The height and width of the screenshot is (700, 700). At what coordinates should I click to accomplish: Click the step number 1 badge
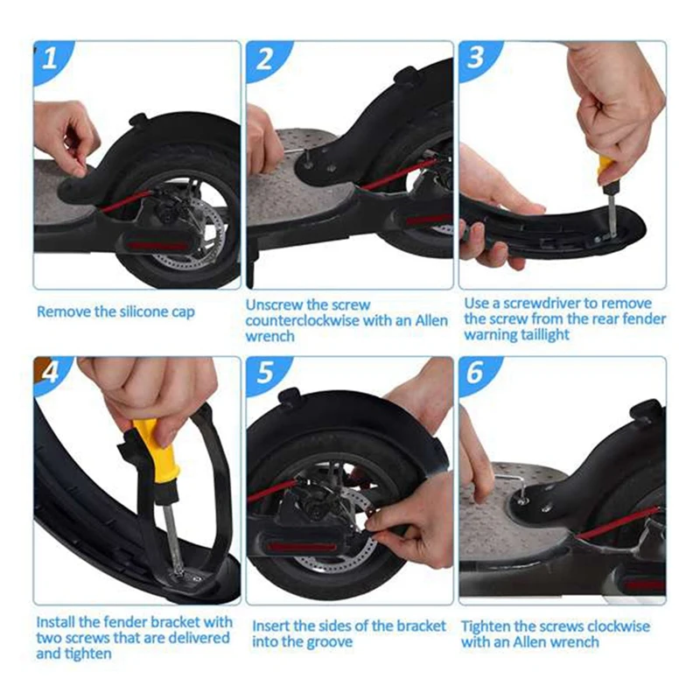click(x=51, y=58)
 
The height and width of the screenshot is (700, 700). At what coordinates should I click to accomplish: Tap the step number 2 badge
click(x=264, y=58)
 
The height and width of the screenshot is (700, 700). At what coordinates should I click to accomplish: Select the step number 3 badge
click(x=476, y=58)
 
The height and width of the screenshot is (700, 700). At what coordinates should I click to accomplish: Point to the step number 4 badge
click(x=51, y=373)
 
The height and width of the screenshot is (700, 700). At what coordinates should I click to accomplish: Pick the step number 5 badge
click(x=264, y=373)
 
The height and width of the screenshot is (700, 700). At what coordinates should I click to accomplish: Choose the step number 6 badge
click(x=476, y=372)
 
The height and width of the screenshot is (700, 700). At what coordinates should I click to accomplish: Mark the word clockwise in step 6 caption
click(x=618, y=626)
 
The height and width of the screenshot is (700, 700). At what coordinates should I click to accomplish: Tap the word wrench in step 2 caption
click(x=269, y=336)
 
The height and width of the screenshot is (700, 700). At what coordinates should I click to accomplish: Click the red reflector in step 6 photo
click(x=643, y=585)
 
